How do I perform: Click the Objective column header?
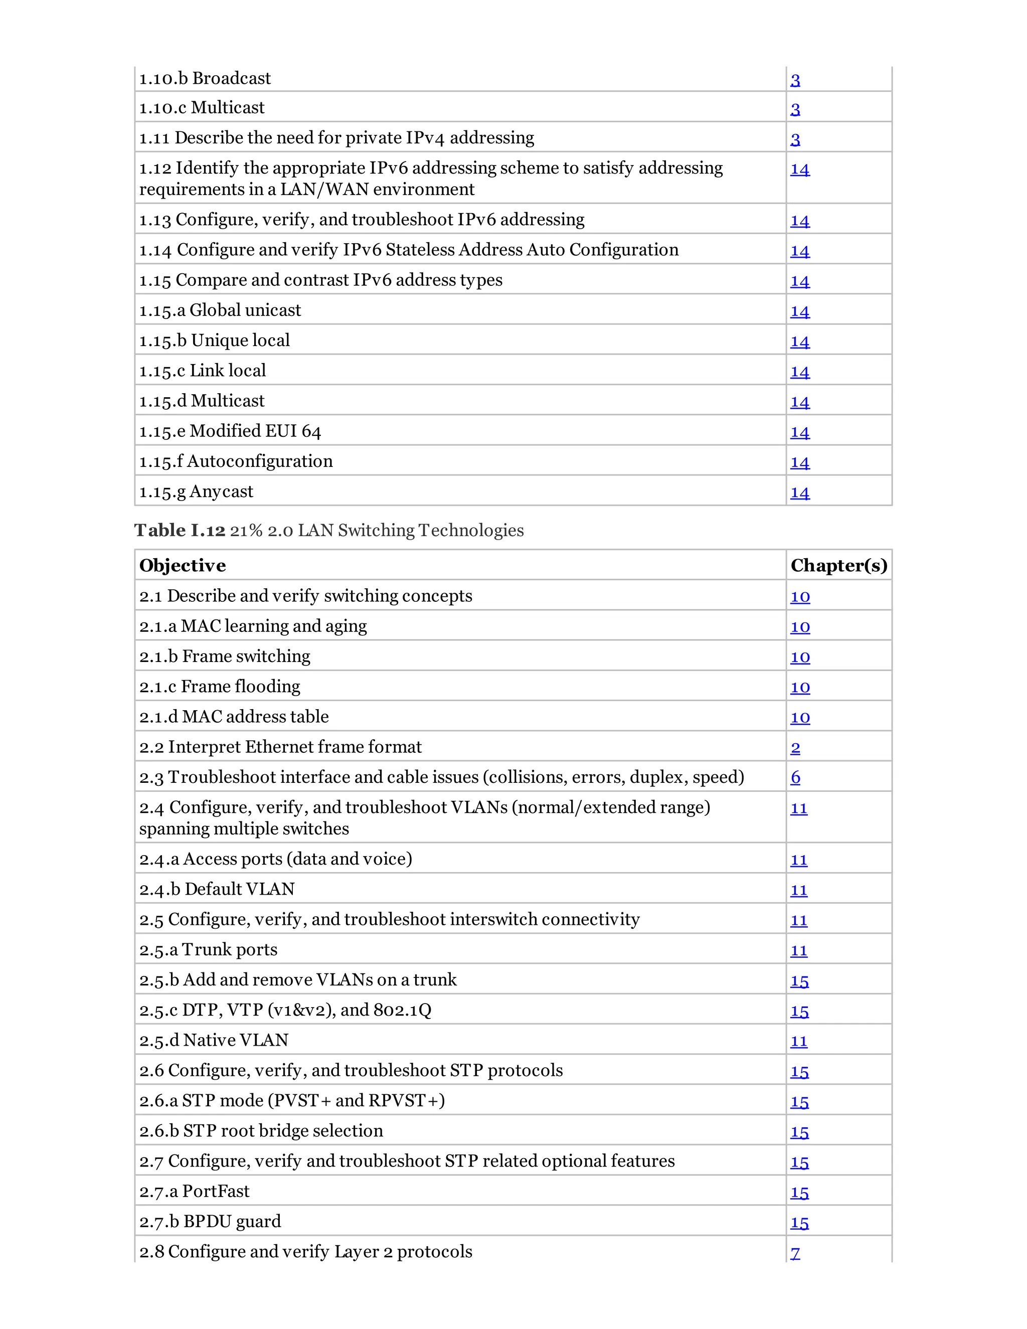(183, 565)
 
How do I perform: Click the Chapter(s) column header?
(838, 565)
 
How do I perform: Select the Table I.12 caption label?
(180, 530)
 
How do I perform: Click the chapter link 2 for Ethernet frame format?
(795, 748)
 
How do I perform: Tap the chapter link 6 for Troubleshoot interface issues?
(795, 778)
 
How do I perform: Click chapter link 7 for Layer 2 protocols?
(795, 1253)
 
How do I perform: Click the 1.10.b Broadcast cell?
(205, 79)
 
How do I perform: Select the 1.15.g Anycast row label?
(196, 491)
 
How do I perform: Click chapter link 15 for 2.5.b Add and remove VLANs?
(799, 981)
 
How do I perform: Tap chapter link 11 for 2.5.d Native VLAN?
(799, 1041)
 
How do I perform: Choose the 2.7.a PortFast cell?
(194, 1192)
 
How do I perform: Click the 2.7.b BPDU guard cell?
(210, 1221)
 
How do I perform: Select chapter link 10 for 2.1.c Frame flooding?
(800, 688)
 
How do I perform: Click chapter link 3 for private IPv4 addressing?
(795, 139)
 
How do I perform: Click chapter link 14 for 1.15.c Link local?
(799, 372)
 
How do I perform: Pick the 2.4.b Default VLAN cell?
(217, 889)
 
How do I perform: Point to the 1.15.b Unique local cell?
(214, 341)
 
